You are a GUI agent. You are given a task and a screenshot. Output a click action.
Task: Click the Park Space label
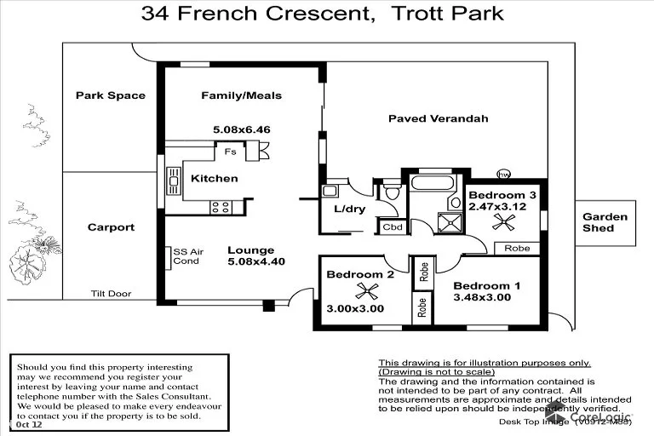110,95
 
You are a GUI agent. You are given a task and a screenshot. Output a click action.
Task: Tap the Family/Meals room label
241,95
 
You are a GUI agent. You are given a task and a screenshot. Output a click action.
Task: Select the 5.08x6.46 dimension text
241,129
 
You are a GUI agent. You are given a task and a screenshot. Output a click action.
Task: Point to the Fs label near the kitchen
230,152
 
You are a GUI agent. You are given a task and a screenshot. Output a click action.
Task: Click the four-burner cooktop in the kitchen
221,205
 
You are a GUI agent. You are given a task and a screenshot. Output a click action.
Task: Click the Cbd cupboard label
392,227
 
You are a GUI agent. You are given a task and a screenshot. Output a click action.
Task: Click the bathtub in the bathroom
434,184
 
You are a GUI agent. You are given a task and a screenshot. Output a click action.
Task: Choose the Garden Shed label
605,222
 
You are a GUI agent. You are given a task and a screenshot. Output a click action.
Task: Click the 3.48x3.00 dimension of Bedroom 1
481,297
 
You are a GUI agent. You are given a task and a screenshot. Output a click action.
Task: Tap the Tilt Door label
110,294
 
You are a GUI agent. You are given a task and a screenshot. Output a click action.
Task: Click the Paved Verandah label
438,118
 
